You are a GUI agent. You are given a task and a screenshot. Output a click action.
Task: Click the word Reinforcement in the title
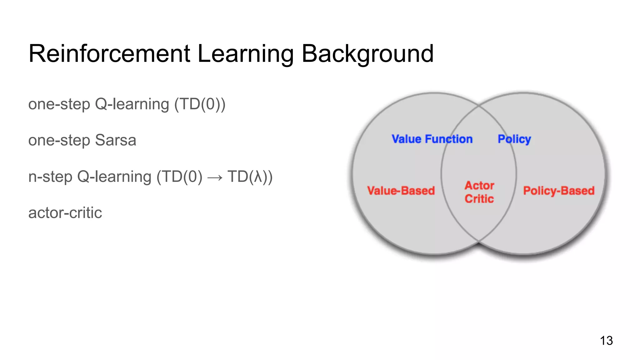click(109, 54)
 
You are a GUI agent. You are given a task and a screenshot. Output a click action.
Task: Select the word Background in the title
click(367, 54)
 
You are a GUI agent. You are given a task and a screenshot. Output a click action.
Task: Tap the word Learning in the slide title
click(246, 54)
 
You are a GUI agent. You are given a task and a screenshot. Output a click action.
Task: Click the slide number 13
click(606, 341)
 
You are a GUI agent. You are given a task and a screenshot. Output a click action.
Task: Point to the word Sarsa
click(116, 140)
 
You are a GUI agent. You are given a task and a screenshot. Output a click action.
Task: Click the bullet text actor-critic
click(65, 213)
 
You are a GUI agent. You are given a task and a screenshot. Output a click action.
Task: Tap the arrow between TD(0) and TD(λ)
click(215, 177)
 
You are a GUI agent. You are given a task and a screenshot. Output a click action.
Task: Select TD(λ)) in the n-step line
click(250, 177)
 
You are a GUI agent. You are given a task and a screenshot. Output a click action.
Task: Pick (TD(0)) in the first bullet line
click(200, 104)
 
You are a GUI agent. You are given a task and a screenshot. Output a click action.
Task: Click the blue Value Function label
click(432, 139)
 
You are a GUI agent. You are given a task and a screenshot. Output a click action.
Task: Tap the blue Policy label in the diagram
click(514, 139)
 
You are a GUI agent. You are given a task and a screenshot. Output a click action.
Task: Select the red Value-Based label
click(401, 191)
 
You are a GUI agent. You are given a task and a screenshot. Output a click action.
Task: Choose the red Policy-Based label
click(559, 191)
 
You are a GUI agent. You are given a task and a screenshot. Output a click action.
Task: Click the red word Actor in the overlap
click(479, 185)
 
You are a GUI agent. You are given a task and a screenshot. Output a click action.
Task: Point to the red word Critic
click(479, 199)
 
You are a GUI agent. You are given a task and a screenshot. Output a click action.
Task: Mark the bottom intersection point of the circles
click(479, 241)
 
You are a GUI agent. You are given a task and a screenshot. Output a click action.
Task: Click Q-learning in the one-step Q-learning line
click(132, 104)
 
